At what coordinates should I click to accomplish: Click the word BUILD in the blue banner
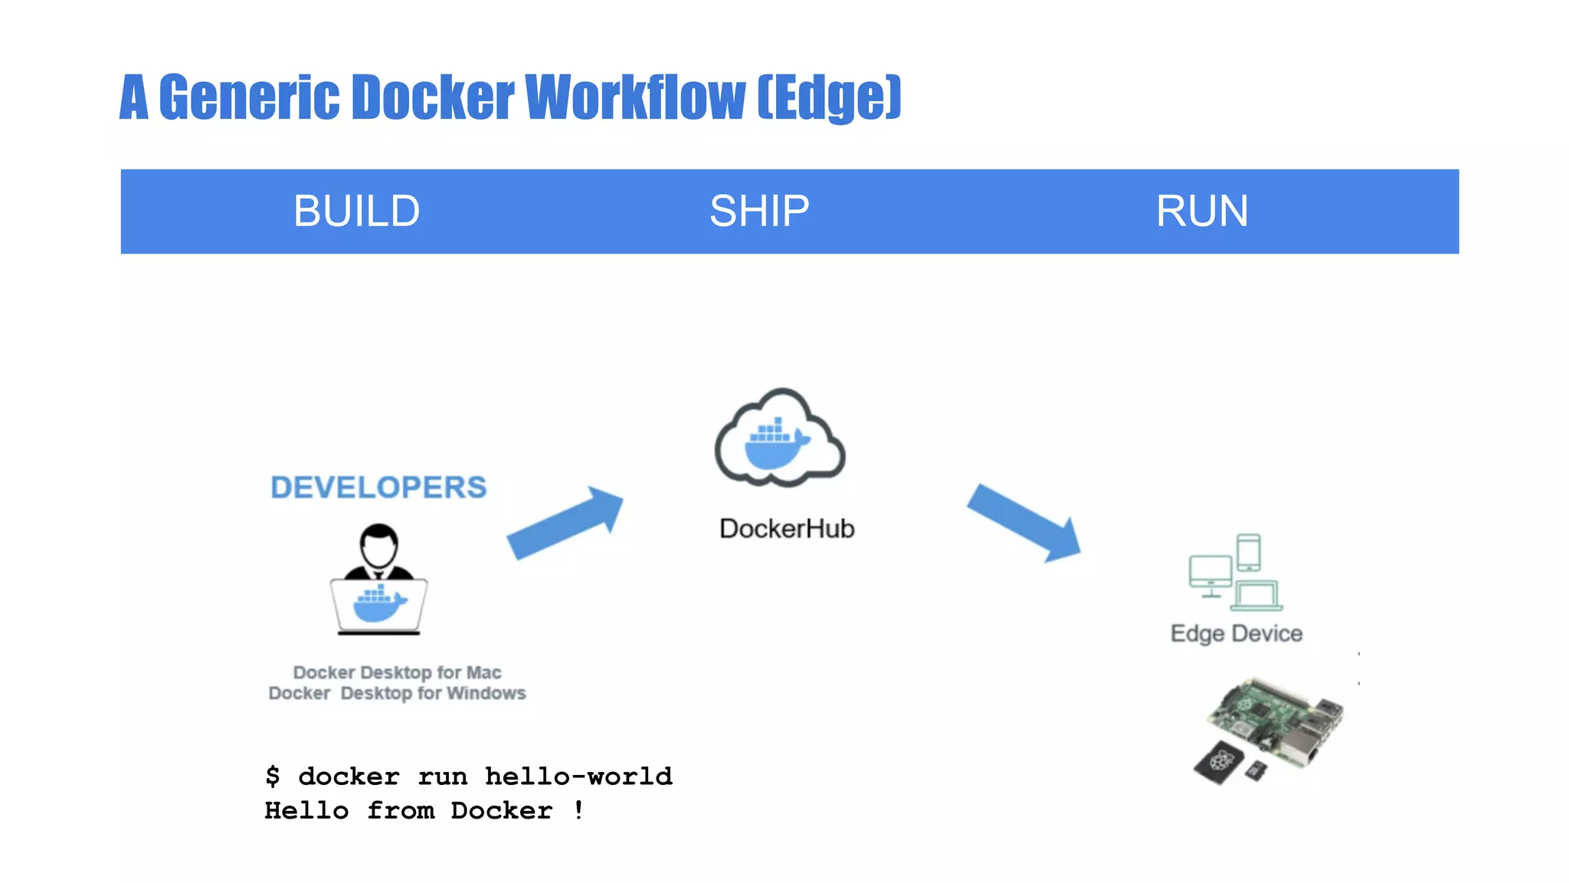pyautogui.click(x=356, y=211)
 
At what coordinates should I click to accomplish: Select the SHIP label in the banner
pyautogui.click(x=759, y=211)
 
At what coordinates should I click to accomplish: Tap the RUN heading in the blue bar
pyautogui.click(x=1201, y=211)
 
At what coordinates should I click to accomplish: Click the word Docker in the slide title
pyautogui.click(x=433, y=97)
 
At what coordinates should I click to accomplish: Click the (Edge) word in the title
pyautogui.click(x=829, y=97)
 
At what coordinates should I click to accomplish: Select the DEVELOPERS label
pyautogui.click(x=378, y=487)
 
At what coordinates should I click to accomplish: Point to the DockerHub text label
pyautogui.click(x=787, y=529)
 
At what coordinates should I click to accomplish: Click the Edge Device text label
pyautogui.click(x=1236, y=634)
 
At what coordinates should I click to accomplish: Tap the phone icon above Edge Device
pyautogui.click(x=1249, y=552)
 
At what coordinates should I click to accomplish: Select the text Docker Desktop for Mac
pyautogui.click(x=397, y=672)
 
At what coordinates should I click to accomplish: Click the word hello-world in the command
pyautogui.click(x=578, y=776)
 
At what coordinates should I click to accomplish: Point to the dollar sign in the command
pyautogui.click(x=273, y=776)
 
